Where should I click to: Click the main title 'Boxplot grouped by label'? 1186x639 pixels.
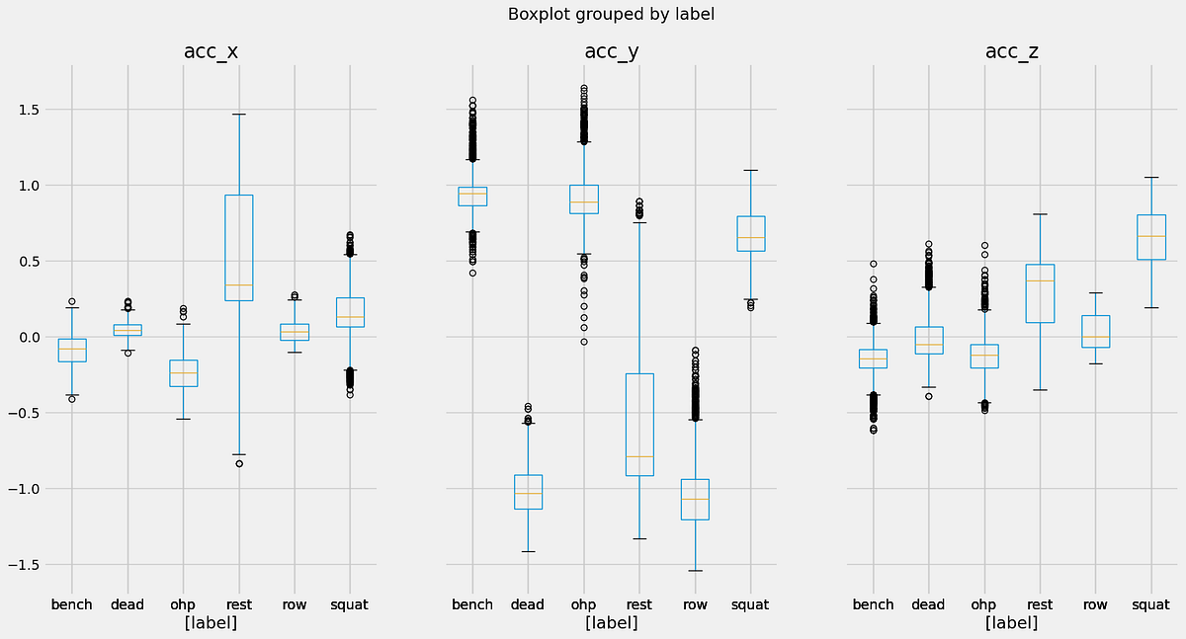[610, 14]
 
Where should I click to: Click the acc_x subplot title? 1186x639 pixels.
[211, 51]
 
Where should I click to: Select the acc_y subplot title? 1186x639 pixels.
[611, 51]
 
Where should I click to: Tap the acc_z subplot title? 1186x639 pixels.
[1011, 51]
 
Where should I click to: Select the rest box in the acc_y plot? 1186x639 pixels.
[638, 425]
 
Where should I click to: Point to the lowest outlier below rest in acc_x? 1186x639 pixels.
[238, 463]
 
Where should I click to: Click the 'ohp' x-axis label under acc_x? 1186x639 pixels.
[183, 604]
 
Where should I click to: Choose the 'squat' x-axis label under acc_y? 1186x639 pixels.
[750, 604]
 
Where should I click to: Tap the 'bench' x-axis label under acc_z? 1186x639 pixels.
[873, 604]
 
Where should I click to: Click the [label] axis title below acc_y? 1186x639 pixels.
[611, 623]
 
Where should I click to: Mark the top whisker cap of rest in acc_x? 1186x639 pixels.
[238, 115]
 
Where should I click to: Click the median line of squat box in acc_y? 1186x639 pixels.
[750, 237]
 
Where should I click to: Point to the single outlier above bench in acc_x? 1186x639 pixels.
[71, 301]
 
